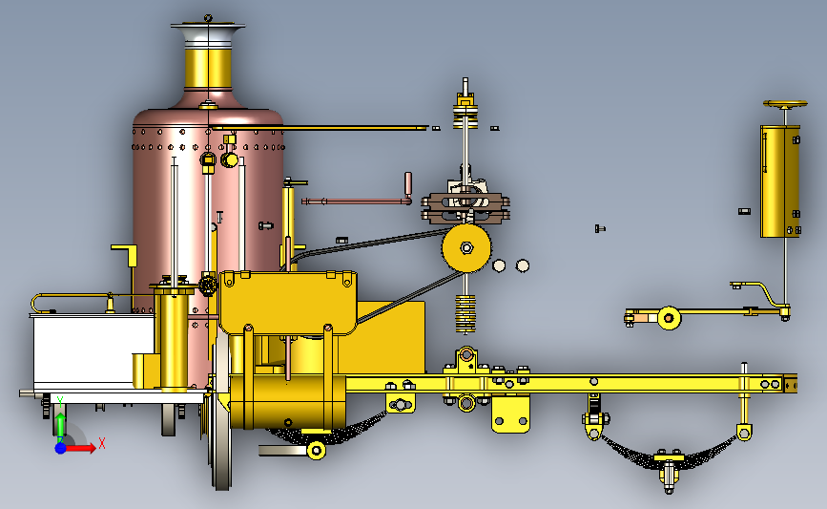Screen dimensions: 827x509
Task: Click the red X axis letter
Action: pyautogui.click(x=102, y=443)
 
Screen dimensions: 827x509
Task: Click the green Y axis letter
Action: pyautogui.click(x=60, y=402)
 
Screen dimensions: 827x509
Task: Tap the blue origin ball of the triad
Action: pyautogui.click(x=61, y=448)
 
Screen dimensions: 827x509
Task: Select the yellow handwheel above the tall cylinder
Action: pyautogui.click(x=785, y=104)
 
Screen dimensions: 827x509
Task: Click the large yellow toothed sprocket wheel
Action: pyautogui.click(x=466, y=247)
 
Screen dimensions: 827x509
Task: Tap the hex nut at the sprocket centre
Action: pyautogui.click(x=466, y=247)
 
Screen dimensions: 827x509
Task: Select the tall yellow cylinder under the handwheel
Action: pyautogui.click(x=780, y=181)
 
